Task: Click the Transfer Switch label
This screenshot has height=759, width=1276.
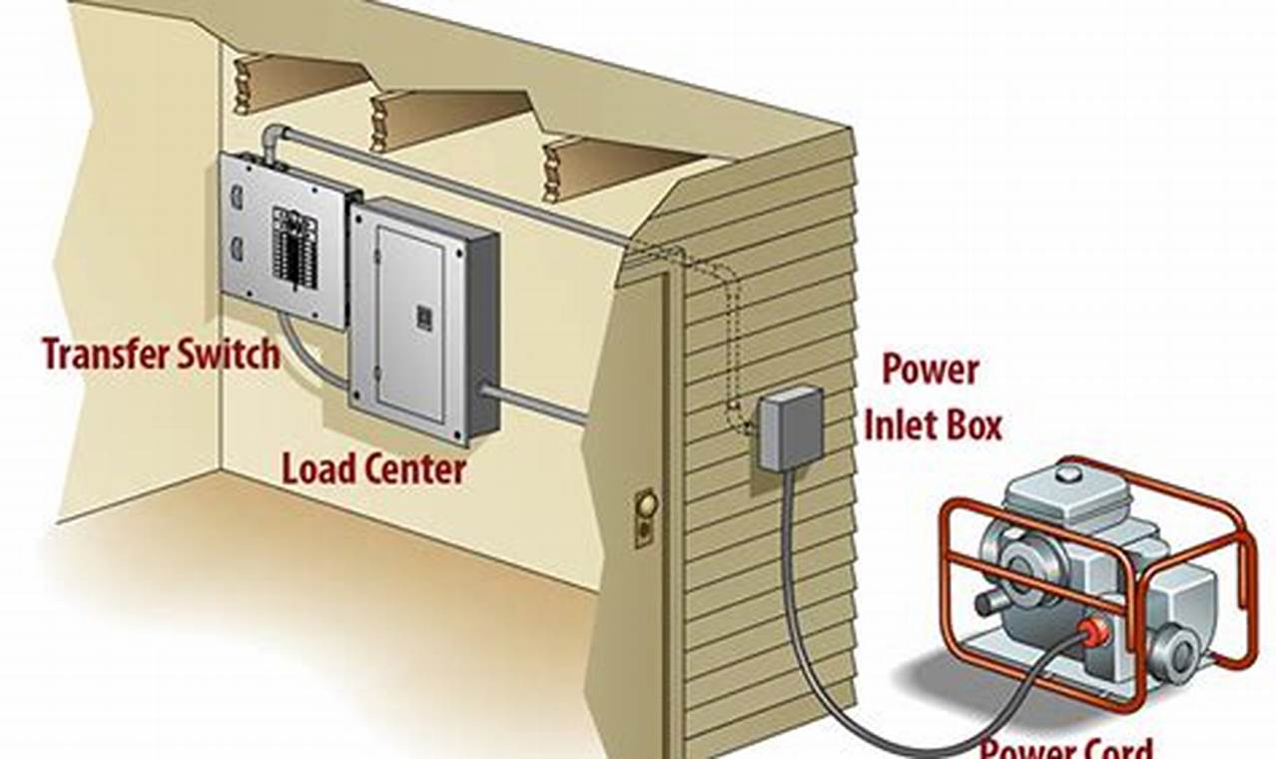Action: tap(160, 354)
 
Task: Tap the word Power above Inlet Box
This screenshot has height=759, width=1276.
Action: tap(930, 371)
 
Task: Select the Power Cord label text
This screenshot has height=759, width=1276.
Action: tap(1065, 747)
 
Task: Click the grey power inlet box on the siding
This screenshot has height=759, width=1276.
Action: tap(791, 428)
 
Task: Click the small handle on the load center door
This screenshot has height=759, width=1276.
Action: tap(423, 318)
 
